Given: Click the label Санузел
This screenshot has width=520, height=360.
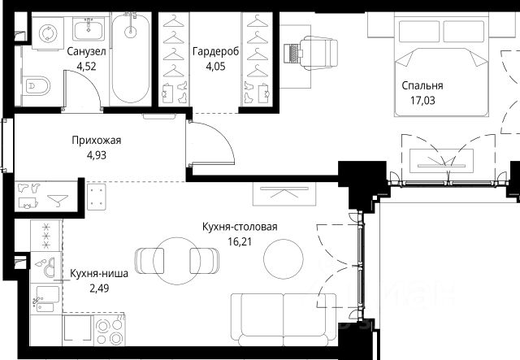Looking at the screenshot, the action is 87,52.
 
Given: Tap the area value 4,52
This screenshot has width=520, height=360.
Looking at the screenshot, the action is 86,67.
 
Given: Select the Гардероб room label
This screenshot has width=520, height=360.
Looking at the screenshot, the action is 215,52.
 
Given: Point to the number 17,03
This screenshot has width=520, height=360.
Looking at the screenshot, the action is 422,100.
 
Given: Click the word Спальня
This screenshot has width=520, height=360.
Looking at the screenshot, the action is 422,85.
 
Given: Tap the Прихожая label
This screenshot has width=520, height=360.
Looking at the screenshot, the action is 97,141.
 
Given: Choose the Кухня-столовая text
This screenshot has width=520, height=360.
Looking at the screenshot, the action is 240,227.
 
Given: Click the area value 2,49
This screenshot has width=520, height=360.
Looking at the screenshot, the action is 99,288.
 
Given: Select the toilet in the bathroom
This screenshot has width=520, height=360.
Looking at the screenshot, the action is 37,86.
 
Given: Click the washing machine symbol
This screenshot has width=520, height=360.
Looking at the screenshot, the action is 48,33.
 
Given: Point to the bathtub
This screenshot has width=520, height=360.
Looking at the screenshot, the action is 130,59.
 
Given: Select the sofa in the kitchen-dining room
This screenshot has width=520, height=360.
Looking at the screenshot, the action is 284,319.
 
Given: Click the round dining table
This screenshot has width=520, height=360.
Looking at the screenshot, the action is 177,261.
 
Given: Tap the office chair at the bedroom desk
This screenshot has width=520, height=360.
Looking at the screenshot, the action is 319,53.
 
